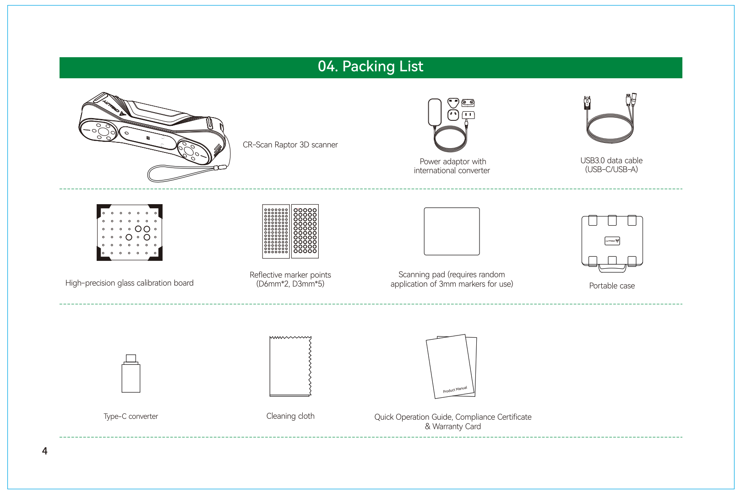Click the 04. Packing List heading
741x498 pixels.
(370, 66)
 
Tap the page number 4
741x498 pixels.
(45, 451)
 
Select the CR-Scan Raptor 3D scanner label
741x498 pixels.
(290, 145)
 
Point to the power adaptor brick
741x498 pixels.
(435, 112)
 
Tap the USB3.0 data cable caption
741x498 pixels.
(611, 165)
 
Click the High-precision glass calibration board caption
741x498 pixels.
(129, 283)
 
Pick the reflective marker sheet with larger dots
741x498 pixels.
(305, 231)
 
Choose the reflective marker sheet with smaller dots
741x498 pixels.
(276, 231)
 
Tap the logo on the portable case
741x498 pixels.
(612, 241)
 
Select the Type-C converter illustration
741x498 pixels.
(131, 373)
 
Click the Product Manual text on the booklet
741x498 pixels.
(455, 390)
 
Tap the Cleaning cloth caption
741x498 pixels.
(290, 416)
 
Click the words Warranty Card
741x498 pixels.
(457, 427)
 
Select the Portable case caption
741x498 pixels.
(612, 286)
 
